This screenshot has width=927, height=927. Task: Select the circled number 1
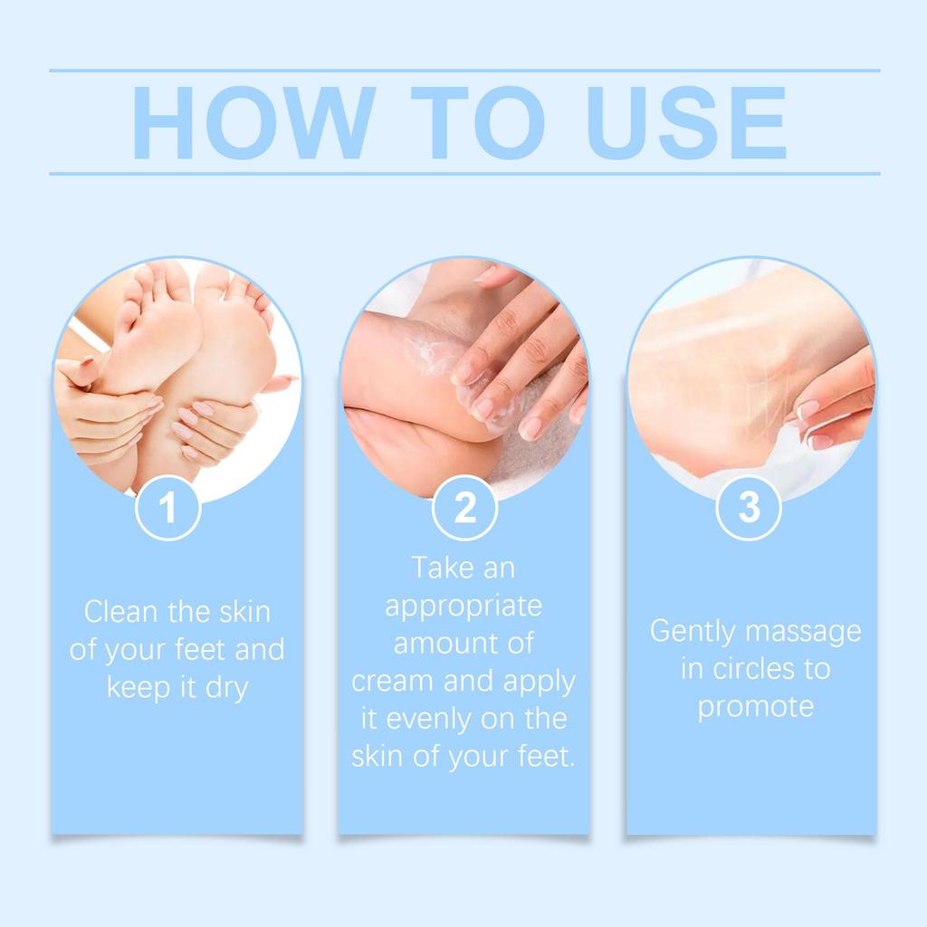pos(167,508)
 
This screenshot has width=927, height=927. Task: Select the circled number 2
pos(464,508)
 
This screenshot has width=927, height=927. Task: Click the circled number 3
pos(749,508)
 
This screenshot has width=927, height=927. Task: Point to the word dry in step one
pos(225,687)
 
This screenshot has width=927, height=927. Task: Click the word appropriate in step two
pos(463,606)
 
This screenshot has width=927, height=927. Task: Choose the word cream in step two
pos(391,681)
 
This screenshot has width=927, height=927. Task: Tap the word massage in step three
pos(807,632)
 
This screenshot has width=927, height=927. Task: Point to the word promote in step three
pos(755,707)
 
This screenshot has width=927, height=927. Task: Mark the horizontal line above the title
pos(463,70)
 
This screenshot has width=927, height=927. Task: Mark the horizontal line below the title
pos(463,173)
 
